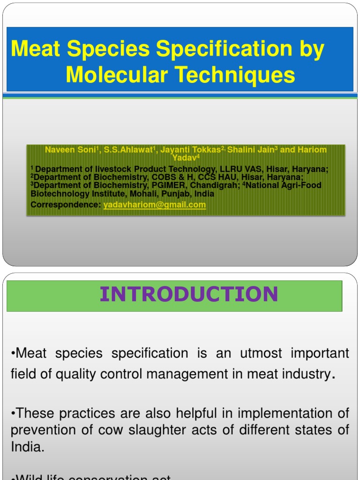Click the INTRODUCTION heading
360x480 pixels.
click(189, 294)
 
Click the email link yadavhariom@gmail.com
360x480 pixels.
click(154, 205)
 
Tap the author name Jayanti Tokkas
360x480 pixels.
click(190, 150)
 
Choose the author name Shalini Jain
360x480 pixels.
click(251, 150)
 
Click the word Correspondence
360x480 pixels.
click(66, 205)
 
